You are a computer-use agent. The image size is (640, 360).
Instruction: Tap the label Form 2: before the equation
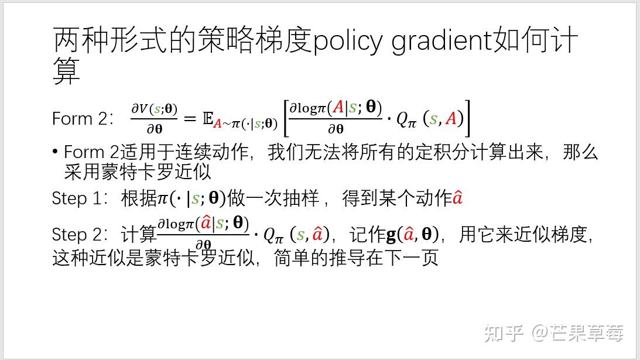pos(83,119)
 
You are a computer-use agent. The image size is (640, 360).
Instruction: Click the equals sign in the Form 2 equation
pos(189,119)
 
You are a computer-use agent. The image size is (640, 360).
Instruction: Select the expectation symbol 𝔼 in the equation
pos(207,119)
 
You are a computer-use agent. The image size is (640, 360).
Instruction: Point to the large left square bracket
pos(285,119)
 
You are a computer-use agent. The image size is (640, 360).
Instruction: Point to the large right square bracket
pos(466,119)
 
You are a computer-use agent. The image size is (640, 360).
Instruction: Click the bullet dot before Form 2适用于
pos(56,152)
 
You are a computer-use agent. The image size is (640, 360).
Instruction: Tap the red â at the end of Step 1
pos(457,198)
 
